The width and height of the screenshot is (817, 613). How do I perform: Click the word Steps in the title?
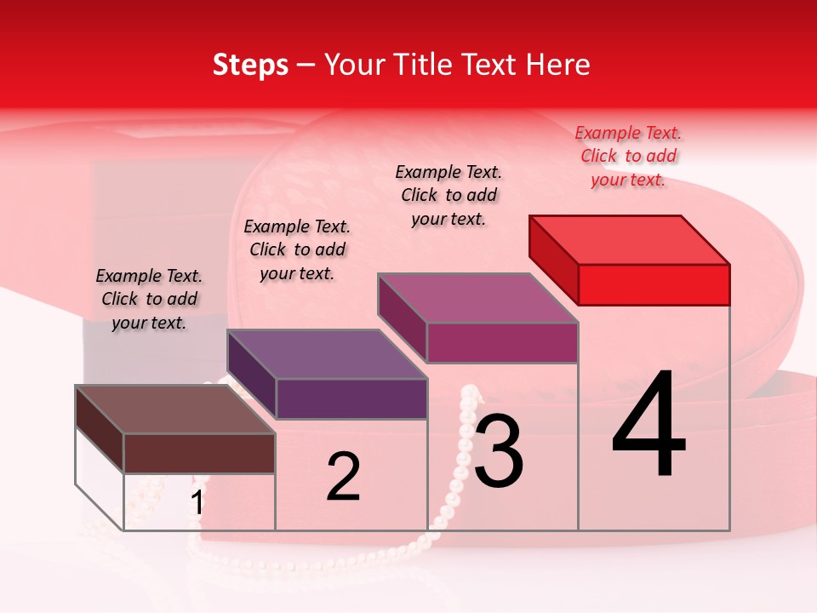tap(250, 65)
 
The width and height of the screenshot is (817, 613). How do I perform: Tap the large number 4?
tap(648, 426)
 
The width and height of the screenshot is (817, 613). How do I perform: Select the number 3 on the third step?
tap(498, 450)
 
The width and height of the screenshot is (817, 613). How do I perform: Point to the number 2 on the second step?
tap(343, 477)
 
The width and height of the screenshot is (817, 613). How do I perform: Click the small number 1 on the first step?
tap(197, 503)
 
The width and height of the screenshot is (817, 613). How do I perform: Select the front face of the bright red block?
tap(654, 284)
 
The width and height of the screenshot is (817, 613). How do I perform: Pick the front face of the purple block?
tap(351, 398)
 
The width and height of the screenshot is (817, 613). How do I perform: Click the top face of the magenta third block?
tap(478, 298)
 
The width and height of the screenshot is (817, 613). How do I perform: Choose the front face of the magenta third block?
tap(502, 342)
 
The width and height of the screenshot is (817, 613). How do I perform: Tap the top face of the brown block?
tap(175, 410)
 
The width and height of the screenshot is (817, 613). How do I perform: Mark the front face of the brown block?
tap(199, 453)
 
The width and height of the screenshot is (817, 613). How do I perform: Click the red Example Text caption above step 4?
tap(628, 156)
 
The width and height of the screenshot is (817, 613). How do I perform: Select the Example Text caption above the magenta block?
tap(448, 195)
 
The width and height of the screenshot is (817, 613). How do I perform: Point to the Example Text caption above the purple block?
tap(297, 249)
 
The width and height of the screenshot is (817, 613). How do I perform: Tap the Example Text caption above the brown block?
tap(149, 299)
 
